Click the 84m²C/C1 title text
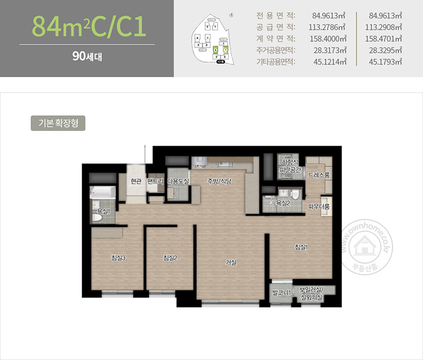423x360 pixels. (87, 27)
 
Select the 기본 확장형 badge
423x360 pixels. (58, 123)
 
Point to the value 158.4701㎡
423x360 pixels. (384, 38)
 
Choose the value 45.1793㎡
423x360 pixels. (384, 62)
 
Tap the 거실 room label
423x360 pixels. (231, 262)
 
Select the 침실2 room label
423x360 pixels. (170, 258)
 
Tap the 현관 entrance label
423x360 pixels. (135, 181)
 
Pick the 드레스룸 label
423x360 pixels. (319, 176)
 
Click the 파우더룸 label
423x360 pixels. (319, 207)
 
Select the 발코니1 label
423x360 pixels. (280, 292)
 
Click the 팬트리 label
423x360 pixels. (155, 181)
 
